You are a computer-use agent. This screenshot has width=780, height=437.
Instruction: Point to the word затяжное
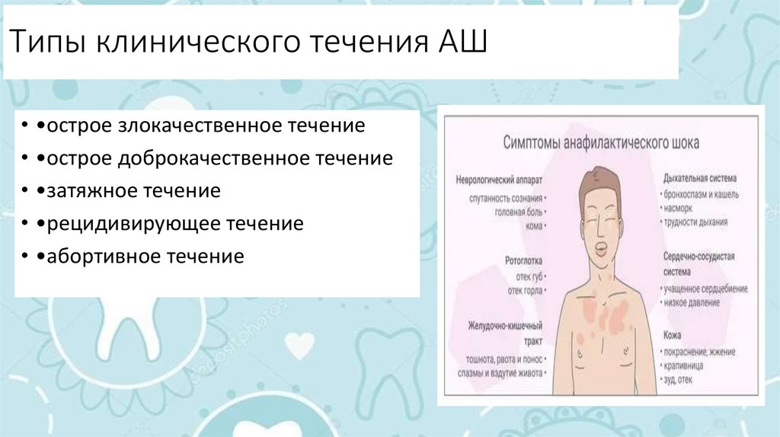pyautogui.click(x=90, y=191)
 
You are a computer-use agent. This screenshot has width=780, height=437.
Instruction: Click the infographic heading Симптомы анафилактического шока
pyautogui.click(x=602, y=142)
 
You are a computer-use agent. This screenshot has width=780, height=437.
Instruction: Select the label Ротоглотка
pyautogui.click(x=525, y=260)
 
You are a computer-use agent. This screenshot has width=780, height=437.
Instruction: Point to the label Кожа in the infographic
pyautogui.click(x=672, y=335)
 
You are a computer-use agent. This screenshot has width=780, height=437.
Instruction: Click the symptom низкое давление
pyautogui.click(x=692, y=303)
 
